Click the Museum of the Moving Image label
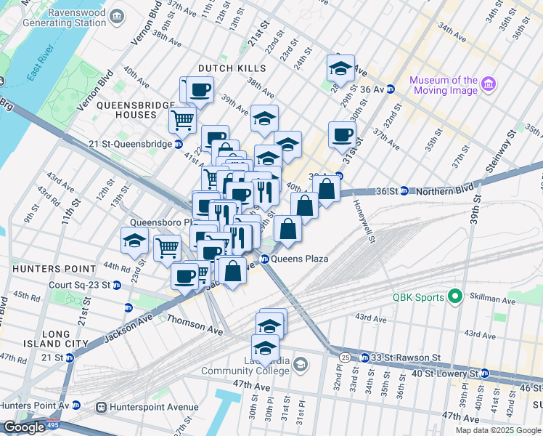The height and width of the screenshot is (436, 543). coord(443,85)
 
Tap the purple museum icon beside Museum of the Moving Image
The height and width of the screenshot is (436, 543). coord(488,85)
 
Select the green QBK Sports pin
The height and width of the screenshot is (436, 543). coord(455,296)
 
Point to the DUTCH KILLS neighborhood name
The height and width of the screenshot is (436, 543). coord(227,68)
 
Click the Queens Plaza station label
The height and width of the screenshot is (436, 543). coord(300,259)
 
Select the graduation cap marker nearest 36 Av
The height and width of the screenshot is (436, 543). coord(340,68)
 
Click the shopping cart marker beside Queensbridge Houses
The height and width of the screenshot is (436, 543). coord(181,119)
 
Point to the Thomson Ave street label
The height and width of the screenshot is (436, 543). coord(194,325)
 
